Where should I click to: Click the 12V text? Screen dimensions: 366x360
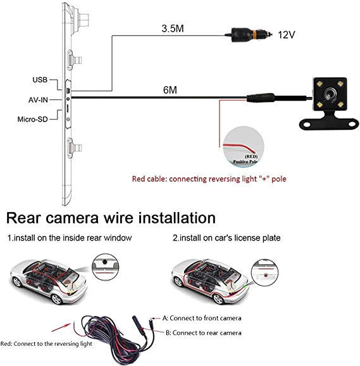pos(287,35)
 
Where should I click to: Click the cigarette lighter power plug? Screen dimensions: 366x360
pos(250,34)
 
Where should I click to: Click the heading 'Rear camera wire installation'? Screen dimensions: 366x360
pos(111,218)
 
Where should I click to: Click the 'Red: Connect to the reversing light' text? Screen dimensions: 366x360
pos(46,344)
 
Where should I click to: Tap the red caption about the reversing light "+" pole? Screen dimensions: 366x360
pos(209,179)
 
